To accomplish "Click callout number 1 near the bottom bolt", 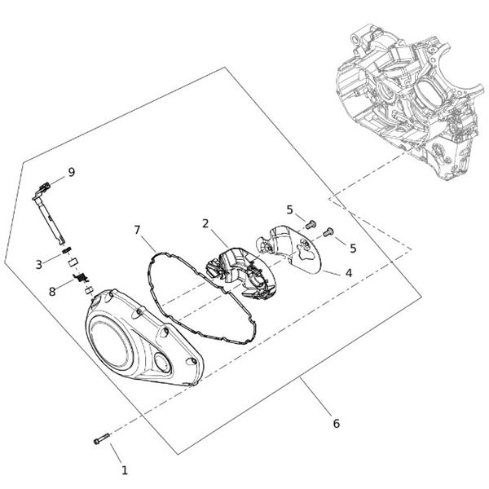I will (125, 470).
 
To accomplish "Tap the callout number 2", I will (206, 223).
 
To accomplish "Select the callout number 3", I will (38, 264).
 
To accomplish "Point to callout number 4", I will (348, 273).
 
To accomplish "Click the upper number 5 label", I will (289, 209).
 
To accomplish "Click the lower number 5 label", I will (353, 247).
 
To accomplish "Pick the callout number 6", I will (337, 424).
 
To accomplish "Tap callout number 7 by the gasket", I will (138, 231).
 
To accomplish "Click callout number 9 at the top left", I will (72, 172).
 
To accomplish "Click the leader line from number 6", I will (318, 399).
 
